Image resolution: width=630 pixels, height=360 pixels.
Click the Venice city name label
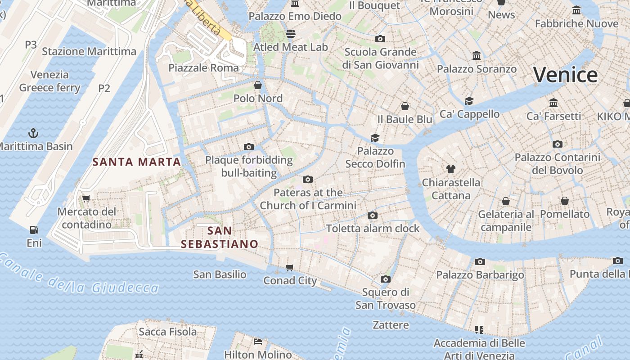click(x=566, y=75)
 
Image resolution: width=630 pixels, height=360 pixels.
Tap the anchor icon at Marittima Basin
click(x=33, y=133)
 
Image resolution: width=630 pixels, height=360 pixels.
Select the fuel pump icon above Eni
click(x=34, y=230)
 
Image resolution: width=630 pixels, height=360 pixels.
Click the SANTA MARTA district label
click(x=136, y=162)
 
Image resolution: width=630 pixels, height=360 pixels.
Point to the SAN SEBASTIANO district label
click(x=220, y=237)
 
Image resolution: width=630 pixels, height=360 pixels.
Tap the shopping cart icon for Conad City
click(x=290, y=267)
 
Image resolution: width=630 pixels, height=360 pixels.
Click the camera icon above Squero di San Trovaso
click(x=385, y=279)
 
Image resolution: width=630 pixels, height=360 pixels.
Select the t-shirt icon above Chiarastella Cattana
click(x=451, y=169)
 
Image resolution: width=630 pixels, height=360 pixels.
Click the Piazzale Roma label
click(x=203, y=68)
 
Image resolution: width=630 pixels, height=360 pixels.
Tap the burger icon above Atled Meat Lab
click(x=291, y=34)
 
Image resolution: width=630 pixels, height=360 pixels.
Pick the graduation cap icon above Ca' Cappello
click(x=469, y=101)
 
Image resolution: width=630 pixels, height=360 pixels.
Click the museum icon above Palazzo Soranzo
click(x=477, y=56)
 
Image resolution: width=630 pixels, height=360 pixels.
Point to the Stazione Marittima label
click(x=89, y=51)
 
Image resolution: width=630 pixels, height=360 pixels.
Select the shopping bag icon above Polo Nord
click(x=258, y=85)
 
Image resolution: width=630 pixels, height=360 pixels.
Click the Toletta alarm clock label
click(x=373, y=228)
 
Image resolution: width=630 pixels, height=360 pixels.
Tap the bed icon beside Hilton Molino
click(x=258, y=342)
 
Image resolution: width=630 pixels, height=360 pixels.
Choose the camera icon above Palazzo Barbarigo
click(x=480, y=261)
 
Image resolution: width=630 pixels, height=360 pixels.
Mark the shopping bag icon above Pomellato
click(x=565, y=201)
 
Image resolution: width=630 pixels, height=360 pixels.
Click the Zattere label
click(x=391, y=325)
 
